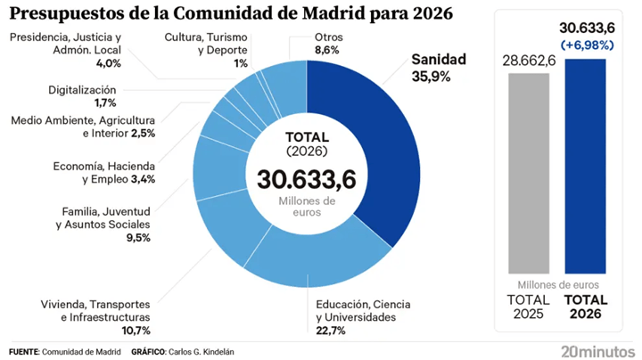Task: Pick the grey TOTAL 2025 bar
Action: tap(529, 174)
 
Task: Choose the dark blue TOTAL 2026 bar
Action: tap(585, 166)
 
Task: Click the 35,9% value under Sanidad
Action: tap(432, 77)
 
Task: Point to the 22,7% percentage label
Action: tap(331, 330)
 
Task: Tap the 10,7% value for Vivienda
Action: tap(136, 330)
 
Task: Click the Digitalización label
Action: tap(82, 90)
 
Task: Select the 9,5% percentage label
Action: tap(138, 237)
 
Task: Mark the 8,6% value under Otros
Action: tap(326, 50)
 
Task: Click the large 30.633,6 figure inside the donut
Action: tap(307, 179)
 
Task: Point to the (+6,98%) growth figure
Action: tap(587, 45)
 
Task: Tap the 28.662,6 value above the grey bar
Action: tap(529, 61)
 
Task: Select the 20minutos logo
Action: tap(597, 351)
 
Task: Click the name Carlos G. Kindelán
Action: tap(202, 352)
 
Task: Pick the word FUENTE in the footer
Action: tap(24, 352)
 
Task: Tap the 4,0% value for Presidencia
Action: tap(109, 63)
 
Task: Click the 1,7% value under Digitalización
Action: tap(105, 102)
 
